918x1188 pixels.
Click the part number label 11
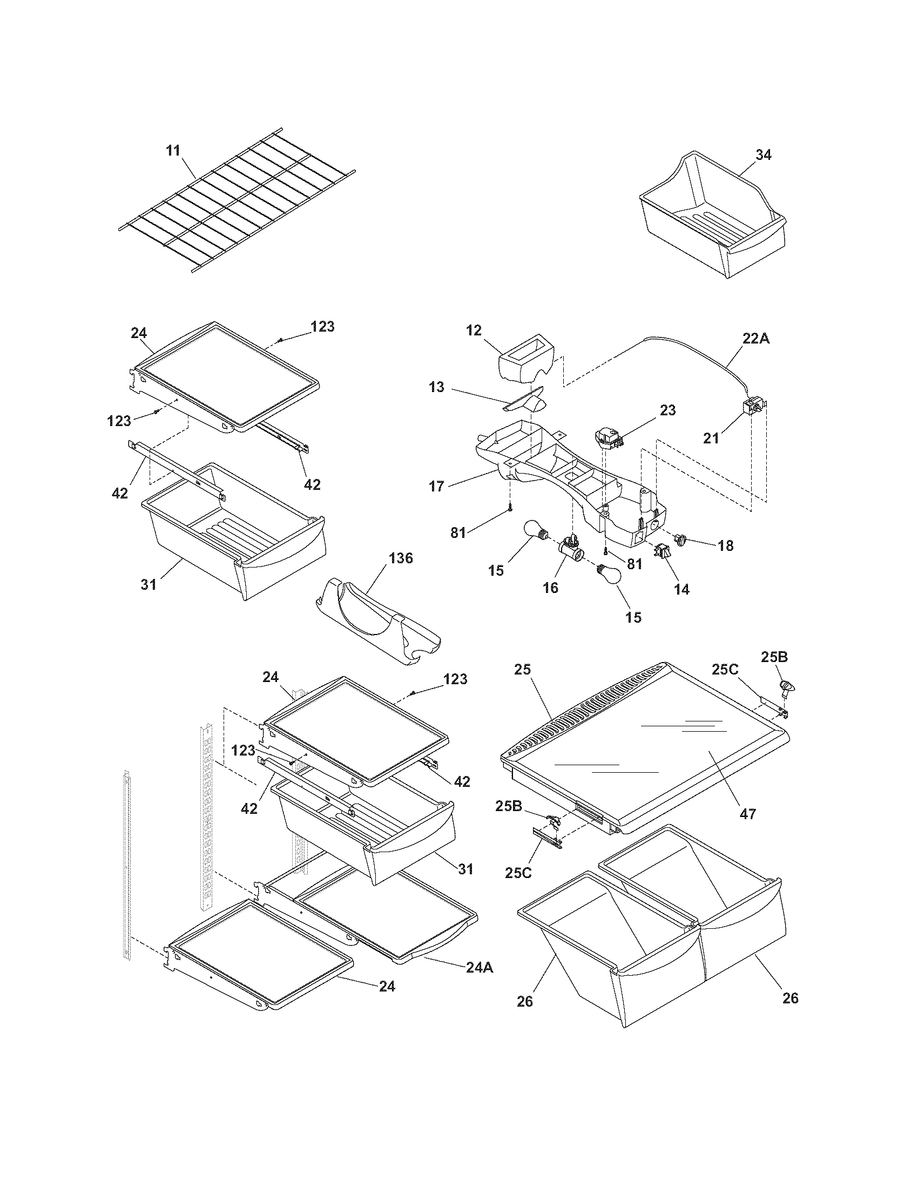pos(173,151)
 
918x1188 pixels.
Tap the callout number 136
pos(400,558)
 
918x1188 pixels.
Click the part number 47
pos(748,814)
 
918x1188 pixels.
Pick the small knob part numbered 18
pos(680,539)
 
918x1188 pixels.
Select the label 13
pos(436,387)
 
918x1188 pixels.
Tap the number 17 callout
pos(436,485)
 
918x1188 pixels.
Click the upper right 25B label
pos(774,657)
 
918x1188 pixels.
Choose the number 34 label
pos(763,154)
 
